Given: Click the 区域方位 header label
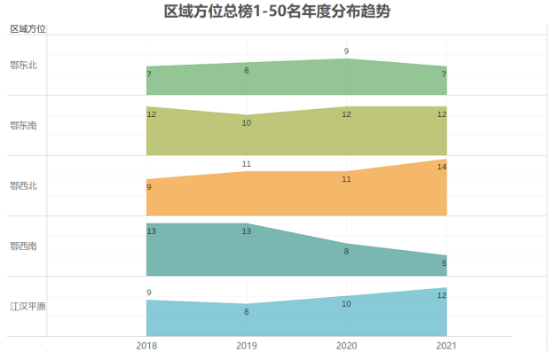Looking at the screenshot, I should tap(28, 29).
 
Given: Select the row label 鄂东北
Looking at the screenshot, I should tap(23, 65).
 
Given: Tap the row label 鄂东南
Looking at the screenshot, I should tap(23, 125).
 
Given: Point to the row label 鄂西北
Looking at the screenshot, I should tap(23, 185).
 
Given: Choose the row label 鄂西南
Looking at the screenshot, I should tap(23, 246).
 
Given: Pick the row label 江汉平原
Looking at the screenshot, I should tap(28, 306).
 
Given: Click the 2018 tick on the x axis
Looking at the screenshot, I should tap(147, 346).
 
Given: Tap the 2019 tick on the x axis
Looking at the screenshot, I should tap(247, 346).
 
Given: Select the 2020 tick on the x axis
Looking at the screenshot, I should tap(346, 346).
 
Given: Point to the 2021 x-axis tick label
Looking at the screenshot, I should tap(446, 346).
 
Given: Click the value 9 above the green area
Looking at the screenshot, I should tap(346, 51).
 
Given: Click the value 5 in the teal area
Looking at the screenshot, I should tap(444, 263).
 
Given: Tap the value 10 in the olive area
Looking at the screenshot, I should tap(247, 123).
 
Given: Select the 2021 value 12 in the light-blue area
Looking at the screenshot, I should tap(441, 295).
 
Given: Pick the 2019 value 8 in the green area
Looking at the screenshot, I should tap(247, 70).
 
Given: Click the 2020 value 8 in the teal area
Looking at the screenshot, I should tap(346, 252).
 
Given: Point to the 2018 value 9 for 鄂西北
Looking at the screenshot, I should tap(149, 187).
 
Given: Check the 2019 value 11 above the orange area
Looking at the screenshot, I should tap(247, 164).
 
